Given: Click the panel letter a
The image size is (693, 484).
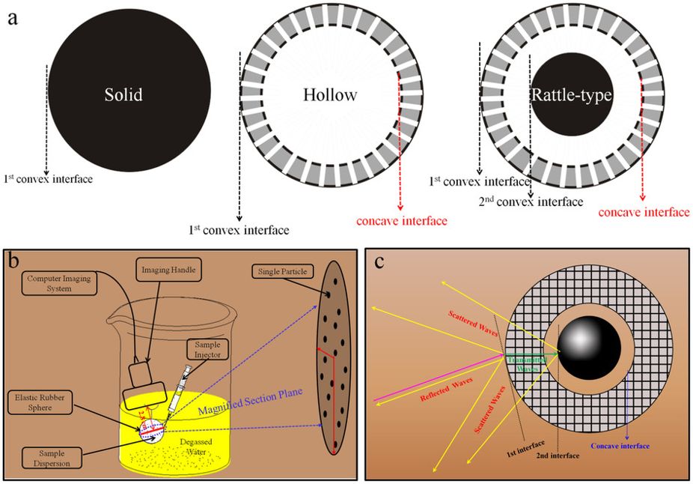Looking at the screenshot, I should click(13, 17).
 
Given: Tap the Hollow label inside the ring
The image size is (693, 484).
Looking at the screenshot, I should click(330, 95).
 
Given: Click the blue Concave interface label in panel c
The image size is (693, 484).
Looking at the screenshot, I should click(620, 447).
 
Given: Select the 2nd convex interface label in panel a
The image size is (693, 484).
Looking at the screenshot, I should click(531, 202).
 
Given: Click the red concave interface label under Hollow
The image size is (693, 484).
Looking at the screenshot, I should click(401, 220).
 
